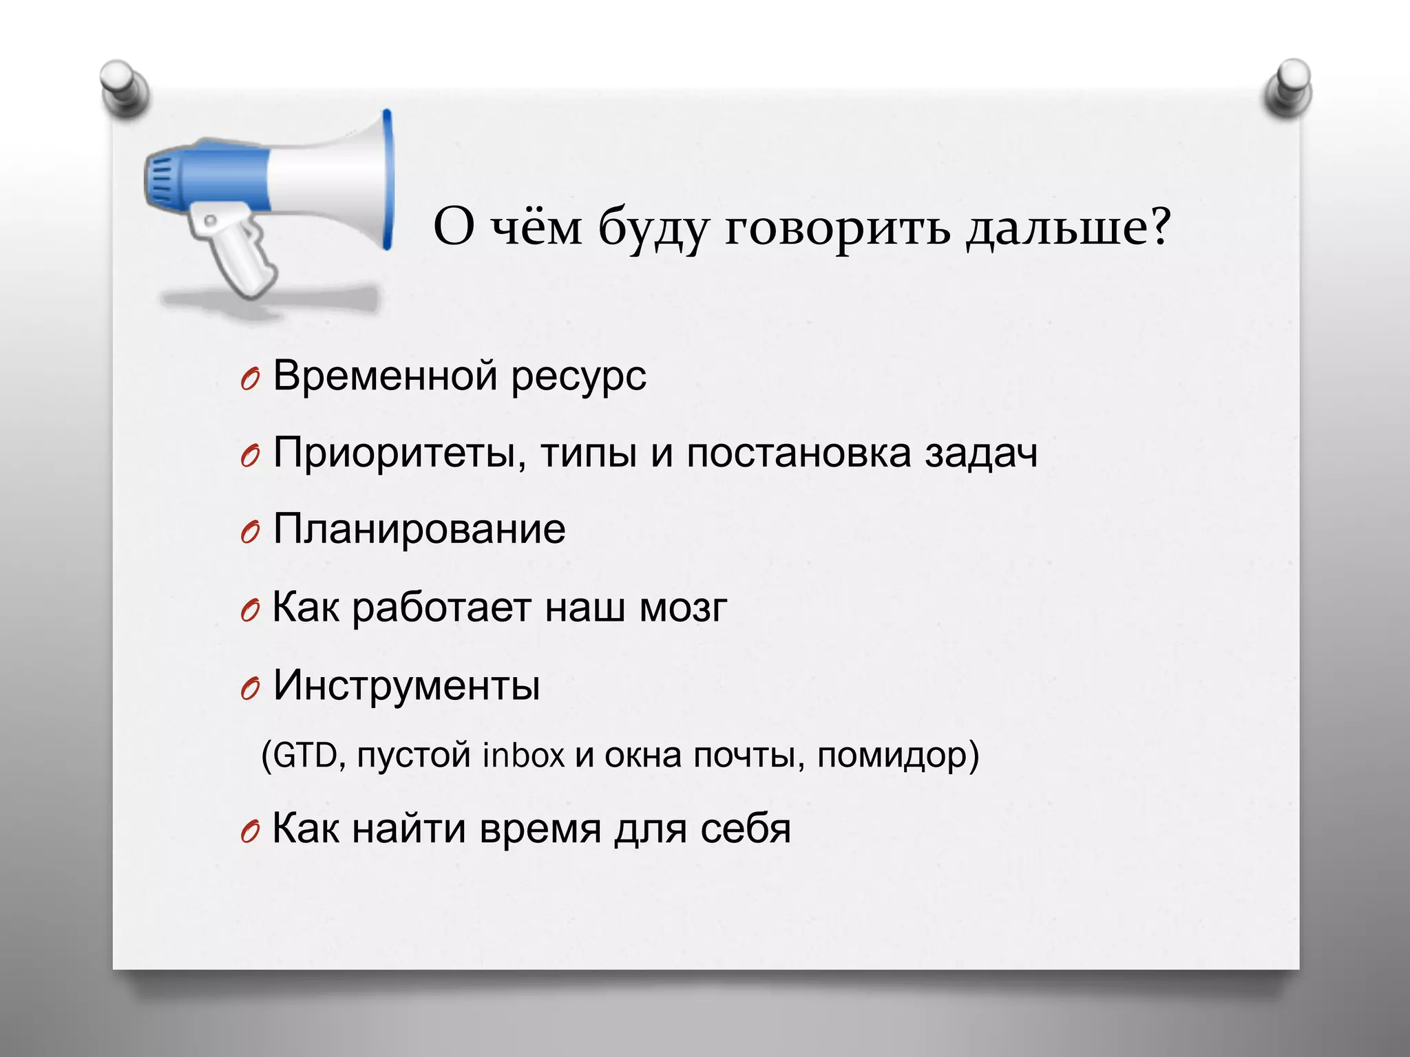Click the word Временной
[385, 376]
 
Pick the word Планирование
[419, 530]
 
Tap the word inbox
[523, 756]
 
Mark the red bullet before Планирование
[250, 532]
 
